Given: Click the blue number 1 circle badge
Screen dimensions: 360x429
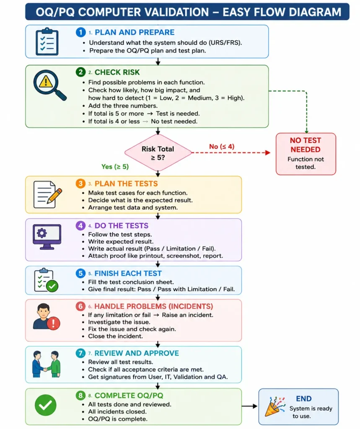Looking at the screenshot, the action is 80,32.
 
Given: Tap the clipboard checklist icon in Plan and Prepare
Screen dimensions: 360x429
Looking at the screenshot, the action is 47,41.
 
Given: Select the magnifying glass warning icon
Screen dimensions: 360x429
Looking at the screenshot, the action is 50,85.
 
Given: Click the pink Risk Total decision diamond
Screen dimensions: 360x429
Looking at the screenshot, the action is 158,153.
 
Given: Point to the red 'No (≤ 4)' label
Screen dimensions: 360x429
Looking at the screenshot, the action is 222,147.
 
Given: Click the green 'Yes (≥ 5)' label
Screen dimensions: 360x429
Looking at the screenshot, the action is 115,167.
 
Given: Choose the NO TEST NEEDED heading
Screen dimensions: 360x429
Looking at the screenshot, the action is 306,145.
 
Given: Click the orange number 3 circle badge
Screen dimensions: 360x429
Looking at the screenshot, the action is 80,183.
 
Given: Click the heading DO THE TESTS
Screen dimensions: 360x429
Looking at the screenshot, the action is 122,226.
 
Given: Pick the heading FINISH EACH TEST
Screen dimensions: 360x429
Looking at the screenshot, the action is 128,273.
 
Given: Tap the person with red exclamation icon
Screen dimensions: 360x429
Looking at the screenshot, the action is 46,317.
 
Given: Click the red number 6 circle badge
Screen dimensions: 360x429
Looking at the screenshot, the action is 80,306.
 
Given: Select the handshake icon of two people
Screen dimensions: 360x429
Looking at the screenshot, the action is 46,364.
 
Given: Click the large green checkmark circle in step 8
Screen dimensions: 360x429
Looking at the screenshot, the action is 46,405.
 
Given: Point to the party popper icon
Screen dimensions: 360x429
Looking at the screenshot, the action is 275,407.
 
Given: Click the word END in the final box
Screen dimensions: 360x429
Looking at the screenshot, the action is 304,399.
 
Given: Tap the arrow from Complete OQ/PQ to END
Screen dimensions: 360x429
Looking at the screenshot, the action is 249,406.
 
